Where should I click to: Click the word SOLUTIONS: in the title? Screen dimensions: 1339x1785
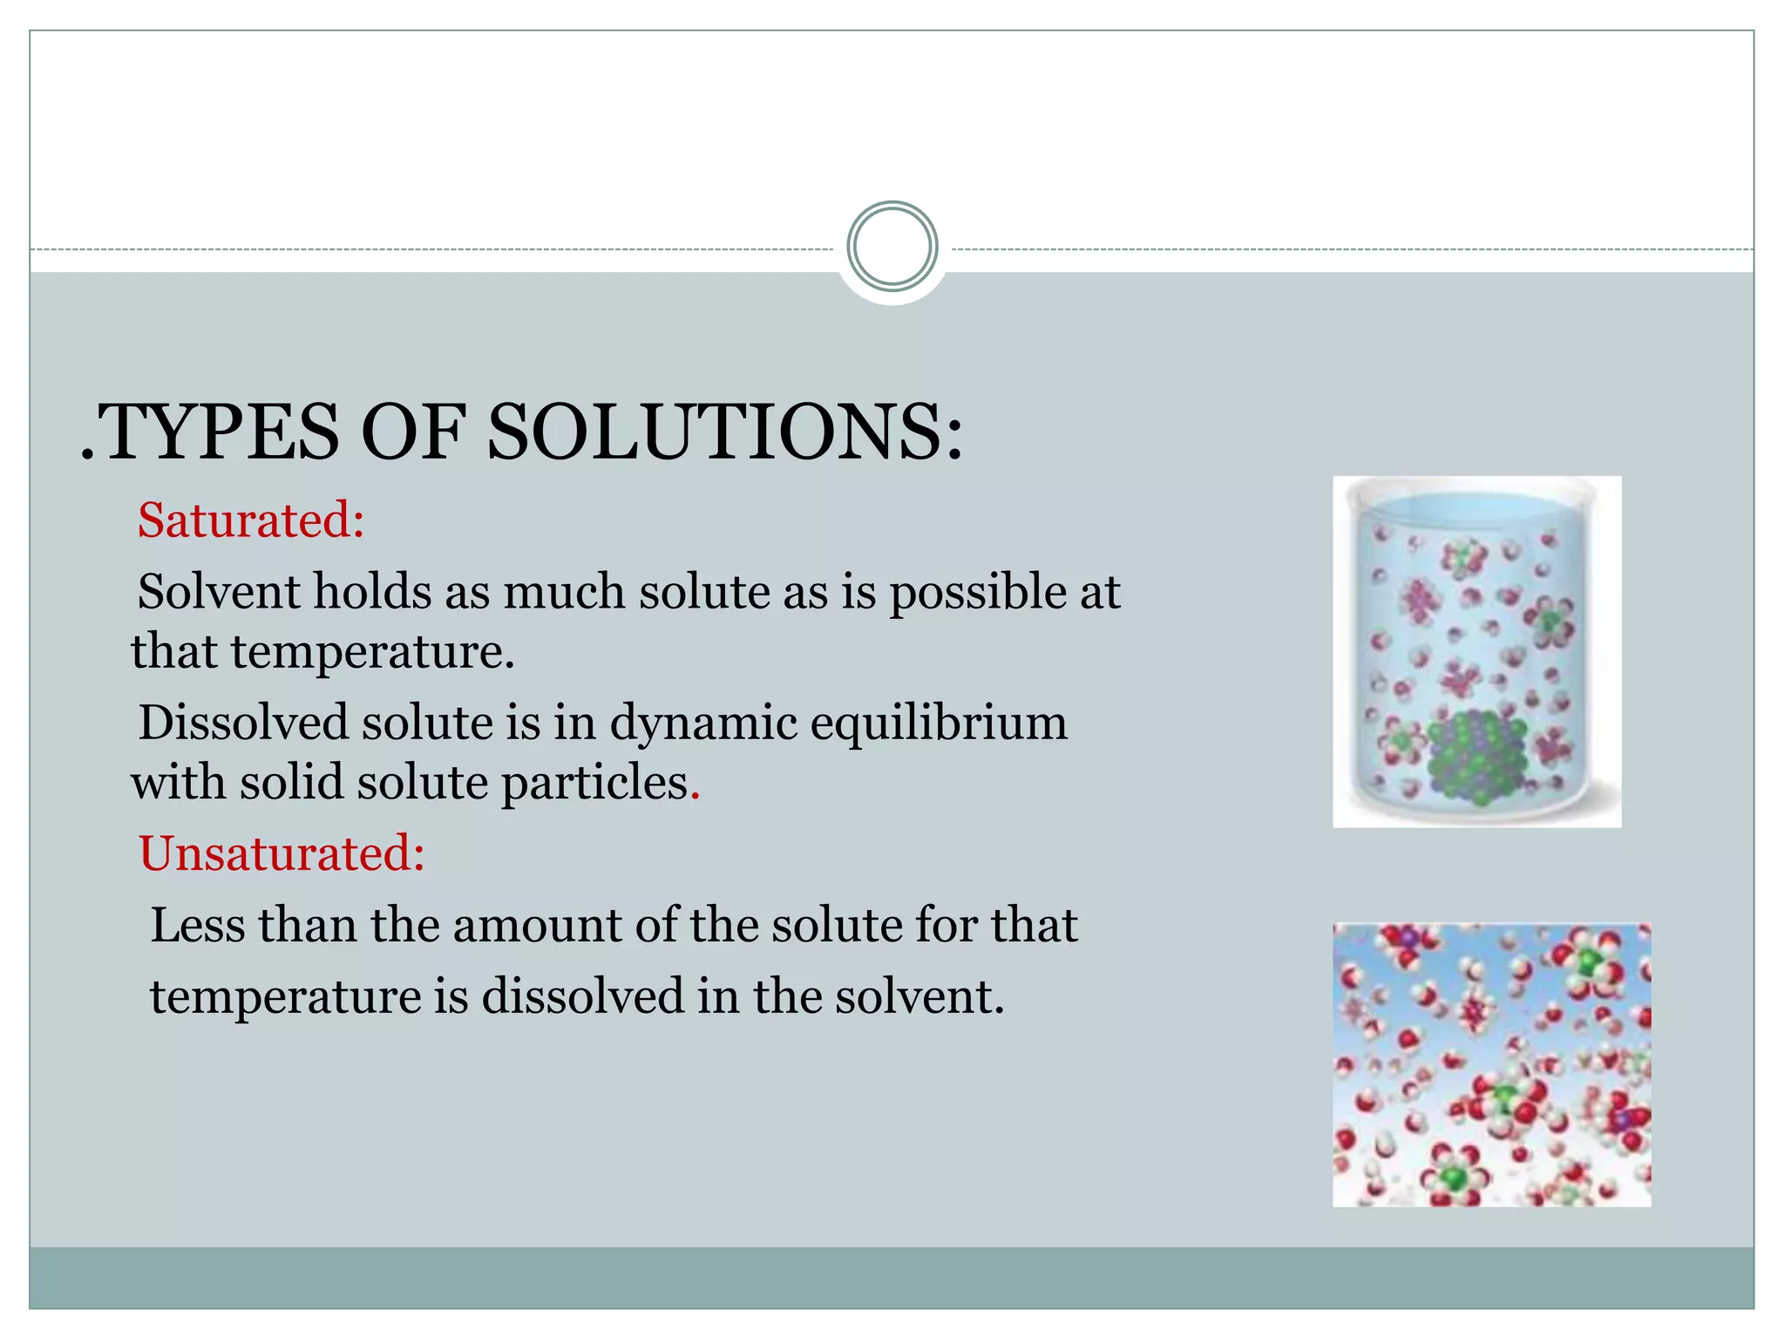[725, 432]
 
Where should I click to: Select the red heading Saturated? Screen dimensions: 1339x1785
[251, 520]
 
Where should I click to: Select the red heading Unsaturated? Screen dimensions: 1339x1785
[282, 853]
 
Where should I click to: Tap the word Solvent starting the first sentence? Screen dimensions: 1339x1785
[217, 592]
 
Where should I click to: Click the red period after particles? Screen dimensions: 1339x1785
[695, 796]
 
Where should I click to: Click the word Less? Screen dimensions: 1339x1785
[197, 925]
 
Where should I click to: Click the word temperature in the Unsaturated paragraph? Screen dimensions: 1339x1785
[286, 997]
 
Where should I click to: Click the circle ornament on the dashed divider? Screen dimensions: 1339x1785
[892, 247]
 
